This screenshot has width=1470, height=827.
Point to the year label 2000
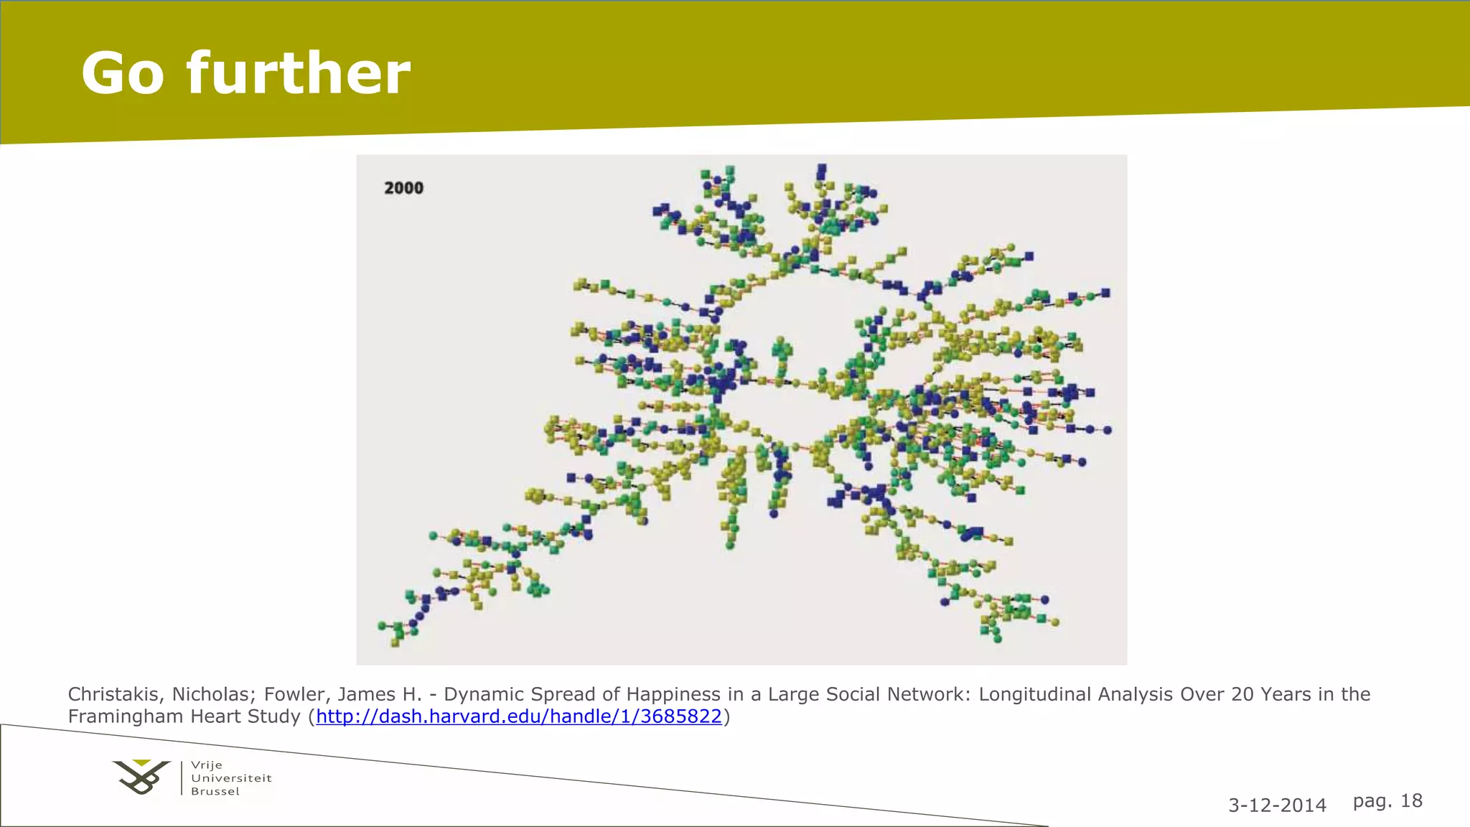pyautogui.click(x=403, y=188)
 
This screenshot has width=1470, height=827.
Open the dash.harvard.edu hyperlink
pyautogui.click(x=518, y=716)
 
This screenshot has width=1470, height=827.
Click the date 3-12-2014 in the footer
pyautogui.click(x=1277, y=805)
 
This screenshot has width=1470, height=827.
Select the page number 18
pyautogui.click(x=1411, y=800)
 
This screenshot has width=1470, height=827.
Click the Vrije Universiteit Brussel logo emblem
pyautogui.click(x=142, y=777)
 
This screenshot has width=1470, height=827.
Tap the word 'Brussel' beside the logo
pyautogui.click(x=215, y=792)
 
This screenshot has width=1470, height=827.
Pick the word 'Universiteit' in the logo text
pyautogui.click(x=231, y=778)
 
